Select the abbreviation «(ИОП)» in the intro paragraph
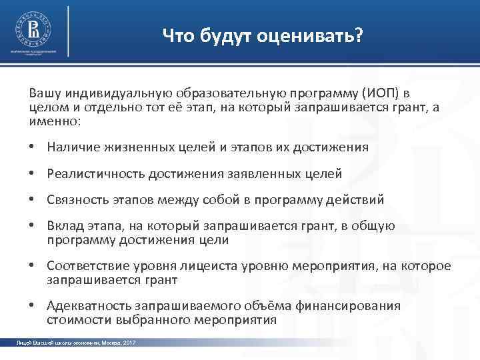(382, 91)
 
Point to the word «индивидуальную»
(111, 91)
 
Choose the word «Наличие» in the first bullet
(70, 147)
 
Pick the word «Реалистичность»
(89, 174)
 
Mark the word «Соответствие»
(83, 266)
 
